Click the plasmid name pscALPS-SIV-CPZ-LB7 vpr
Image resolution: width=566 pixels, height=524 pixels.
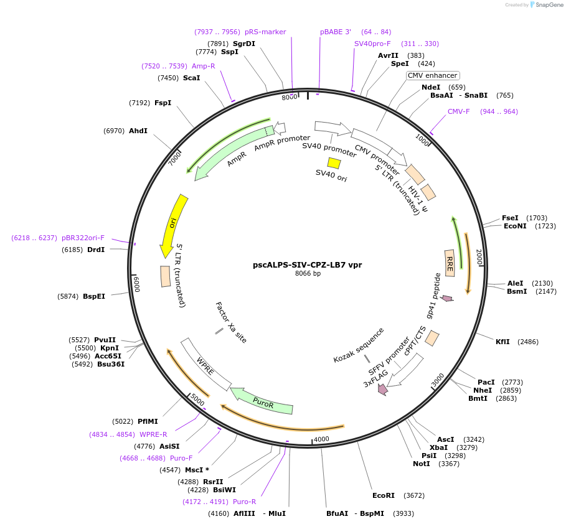(x=307, y=264)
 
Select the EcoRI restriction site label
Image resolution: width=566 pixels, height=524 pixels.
(x=384, y=496)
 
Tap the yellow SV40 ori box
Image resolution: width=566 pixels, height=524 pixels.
(x=334, y=163)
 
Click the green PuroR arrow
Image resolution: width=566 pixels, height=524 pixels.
(x=262, y=401)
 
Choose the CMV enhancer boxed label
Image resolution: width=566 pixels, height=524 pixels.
(x=432, y=75)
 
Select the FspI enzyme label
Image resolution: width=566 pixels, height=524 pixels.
(x=163, y=103)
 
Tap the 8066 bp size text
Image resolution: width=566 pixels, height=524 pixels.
(x=308, y=274)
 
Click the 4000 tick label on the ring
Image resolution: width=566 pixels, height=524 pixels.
(x=321, y=439)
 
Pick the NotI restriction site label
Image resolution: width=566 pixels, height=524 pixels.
(x=421, y=464)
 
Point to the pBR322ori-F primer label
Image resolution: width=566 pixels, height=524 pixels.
(x=83, y=238)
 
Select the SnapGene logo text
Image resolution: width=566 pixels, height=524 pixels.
(x=546, y=4)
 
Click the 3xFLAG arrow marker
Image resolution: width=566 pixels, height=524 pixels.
(x=382, y=390)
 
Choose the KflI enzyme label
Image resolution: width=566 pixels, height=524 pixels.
(x=502, y=342)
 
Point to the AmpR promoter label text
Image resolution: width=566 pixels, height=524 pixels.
(x=281, y=143)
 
